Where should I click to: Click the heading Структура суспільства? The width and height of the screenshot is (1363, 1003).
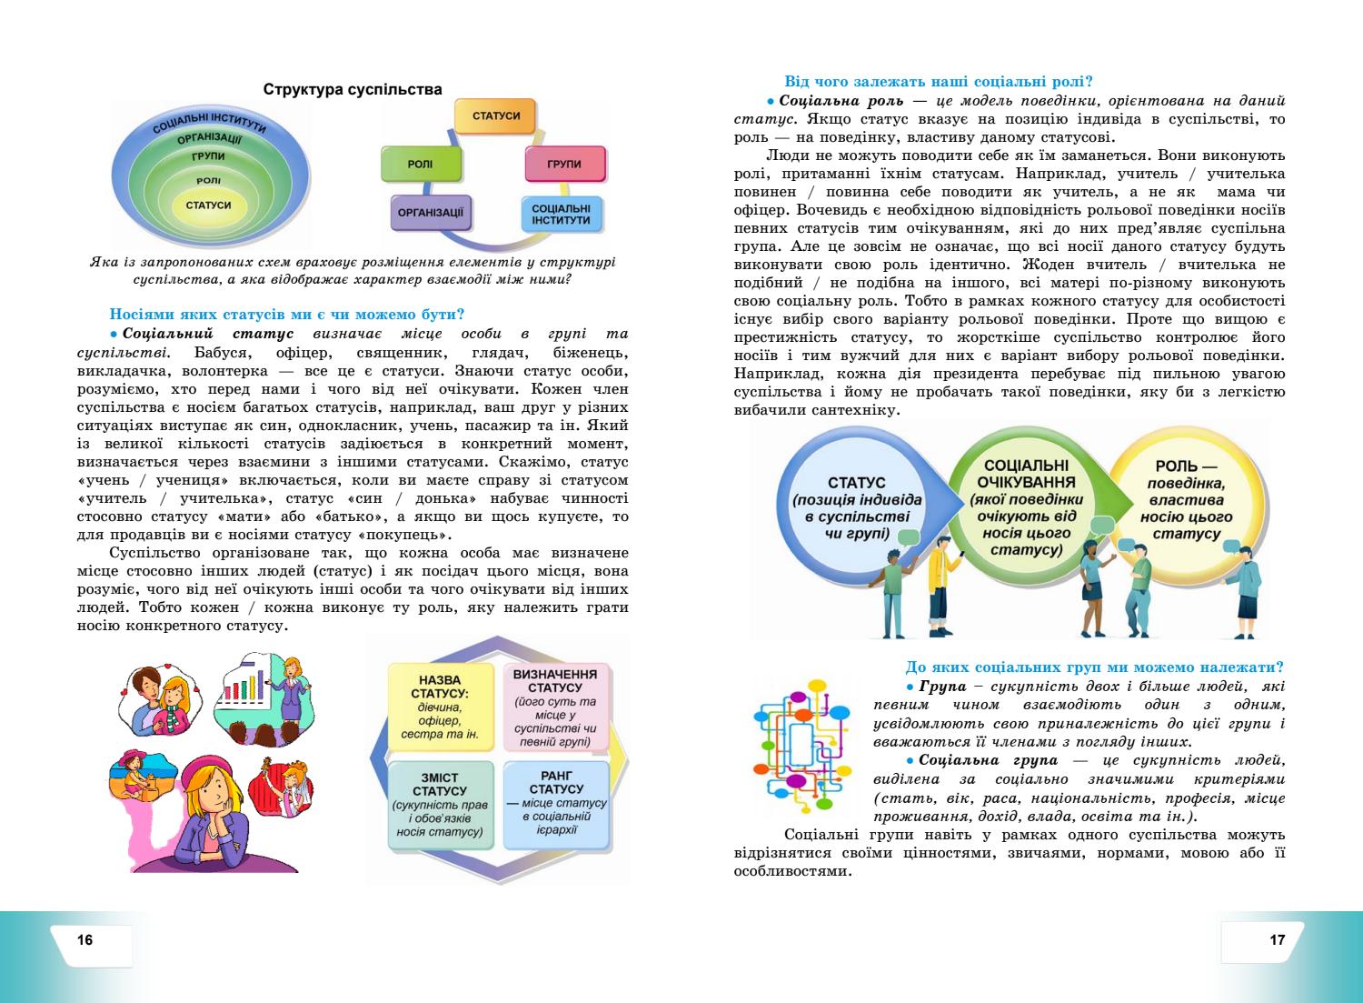click(353, 89)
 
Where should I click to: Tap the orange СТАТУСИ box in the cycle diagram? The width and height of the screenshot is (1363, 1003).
click(496, 116)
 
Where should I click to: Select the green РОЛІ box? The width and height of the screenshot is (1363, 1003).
click(421, 165)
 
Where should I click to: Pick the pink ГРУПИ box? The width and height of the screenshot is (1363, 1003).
click(564, 165)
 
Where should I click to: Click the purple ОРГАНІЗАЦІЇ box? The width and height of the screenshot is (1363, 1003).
click(432, 215)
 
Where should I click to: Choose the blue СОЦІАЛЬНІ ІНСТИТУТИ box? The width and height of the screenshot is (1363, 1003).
click(562, 215)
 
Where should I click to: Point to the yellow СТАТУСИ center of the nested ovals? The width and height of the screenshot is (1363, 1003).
click(208, 206)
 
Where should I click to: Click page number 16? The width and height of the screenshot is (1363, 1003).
click(85, 939)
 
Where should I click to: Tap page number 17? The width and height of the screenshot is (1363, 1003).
click(1277, 939)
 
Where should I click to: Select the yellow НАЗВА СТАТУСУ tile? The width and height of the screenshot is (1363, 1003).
click(440, 707)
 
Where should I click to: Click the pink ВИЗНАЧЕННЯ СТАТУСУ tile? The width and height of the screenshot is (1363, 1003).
click(554, 707)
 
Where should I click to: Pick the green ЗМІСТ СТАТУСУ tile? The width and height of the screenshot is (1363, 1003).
click(440, 805)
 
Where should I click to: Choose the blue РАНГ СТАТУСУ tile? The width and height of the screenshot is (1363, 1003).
click(554, 804)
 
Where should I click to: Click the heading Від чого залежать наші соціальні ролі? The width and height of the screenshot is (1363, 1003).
click(938, 81)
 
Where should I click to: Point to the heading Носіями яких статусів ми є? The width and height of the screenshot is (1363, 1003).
click(287, 315)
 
